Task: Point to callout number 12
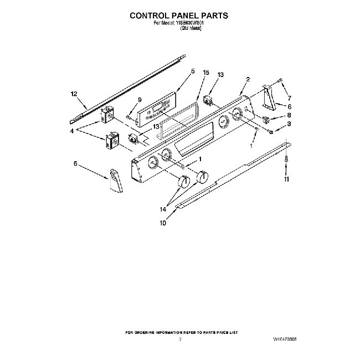tap(74, 94)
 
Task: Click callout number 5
tap(193, 71)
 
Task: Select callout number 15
tap(206, 73)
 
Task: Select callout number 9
tap(140, 100)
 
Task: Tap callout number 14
tap(163, 209)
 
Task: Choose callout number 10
tap(163, 224)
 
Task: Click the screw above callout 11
tap(286, 158)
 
